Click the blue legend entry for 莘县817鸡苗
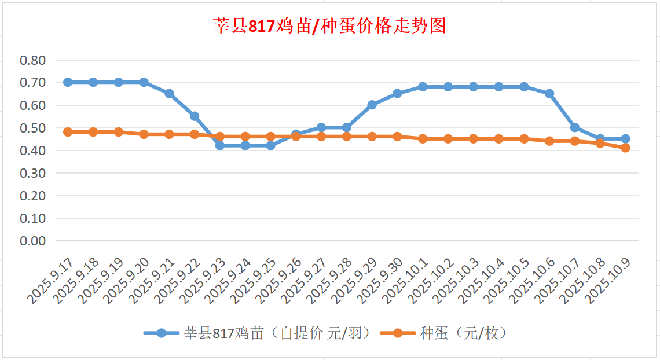coord(256,333)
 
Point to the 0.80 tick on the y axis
coord(33,60)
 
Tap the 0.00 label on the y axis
coord(33,241)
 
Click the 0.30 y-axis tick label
coord(33,173)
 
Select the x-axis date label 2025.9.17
coord(51,282)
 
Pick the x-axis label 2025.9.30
coord(381,282)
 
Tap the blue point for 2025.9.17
coord(68,82)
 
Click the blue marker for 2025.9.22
coord(195,116)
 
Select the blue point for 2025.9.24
coord(245,146)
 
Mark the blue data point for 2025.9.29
coord(372,105)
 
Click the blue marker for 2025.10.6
coord(549,94)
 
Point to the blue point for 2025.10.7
coord(575,127)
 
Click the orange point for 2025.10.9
coord(625,148)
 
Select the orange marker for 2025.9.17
coord(68,132)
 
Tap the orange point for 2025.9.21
coord(169,134)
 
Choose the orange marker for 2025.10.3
coord(473,139)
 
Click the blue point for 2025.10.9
coord(625,139)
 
